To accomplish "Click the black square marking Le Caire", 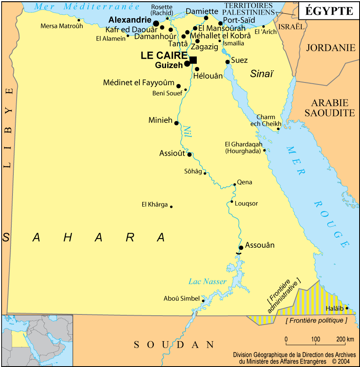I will click(x=193, y=60).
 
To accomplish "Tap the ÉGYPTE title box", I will click(x=328, y=11).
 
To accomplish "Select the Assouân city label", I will click(x=260, y=245).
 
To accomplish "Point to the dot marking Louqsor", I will click(x=232, y=202).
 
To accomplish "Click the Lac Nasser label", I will click(x=207, y=281).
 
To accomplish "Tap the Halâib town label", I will click(x=334, y=309).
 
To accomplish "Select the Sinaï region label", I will click(x=261, y=74).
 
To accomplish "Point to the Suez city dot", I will click(x=227, y=62).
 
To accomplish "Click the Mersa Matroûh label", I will click(x=61, y=26).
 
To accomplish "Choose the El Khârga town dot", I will click(x=171, y=207).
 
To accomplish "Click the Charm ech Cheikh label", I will click(x=265, y=120).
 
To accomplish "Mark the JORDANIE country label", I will click(x=330, y=48).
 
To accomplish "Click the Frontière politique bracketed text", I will click(x=316, y=321).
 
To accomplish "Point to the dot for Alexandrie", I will click(x=156, y=23).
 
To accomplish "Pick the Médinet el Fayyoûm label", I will click(x=139, y=82).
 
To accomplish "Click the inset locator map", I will click(x=37, y=340).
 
